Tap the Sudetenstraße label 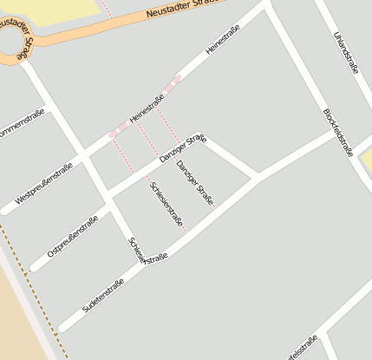[103, 295]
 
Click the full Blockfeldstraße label [337, 133]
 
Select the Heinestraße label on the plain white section [221, 40]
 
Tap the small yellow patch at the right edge [367, 160]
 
